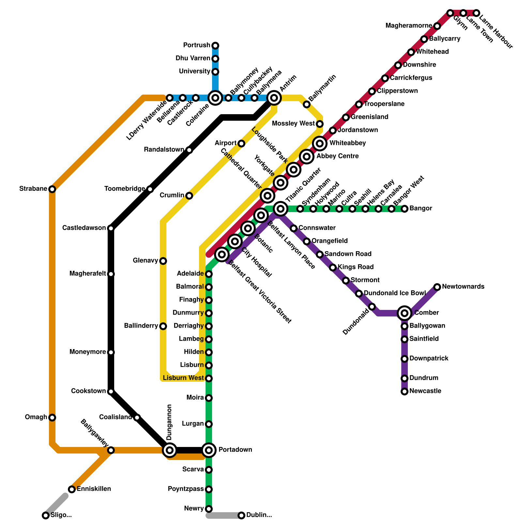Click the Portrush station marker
coord(215,45)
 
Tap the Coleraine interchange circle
coord(215,98)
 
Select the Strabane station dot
coord(52,189)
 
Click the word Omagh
coord(36,417)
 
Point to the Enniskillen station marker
coord(72,489)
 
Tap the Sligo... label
coord(61,515)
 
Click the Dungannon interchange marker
coord(169,450)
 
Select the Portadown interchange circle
coord(209,450)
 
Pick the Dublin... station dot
coord(241,515)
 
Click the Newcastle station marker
coord(405,391)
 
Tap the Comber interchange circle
coord(405,313)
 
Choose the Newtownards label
coord(463,286)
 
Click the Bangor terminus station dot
coord(405,208)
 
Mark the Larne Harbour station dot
coord(476,13)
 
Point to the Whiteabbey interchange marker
coord(320,143)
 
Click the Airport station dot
coord(241,143)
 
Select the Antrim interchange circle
coord(274,98)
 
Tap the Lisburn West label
coord(183,378)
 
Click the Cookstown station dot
coord(111,391)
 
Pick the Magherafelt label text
coord(87,273)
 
